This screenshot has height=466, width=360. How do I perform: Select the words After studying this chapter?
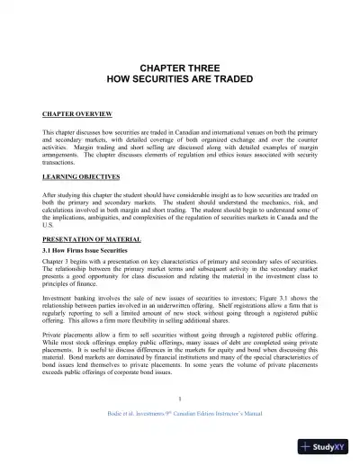pyautogui.click(x=81, y=193)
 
